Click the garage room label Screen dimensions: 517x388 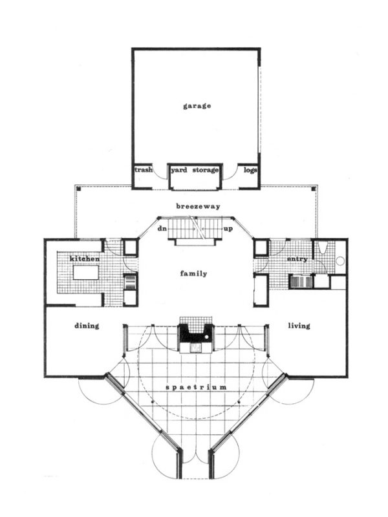point(197,105)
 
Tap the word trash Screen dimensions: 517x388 point(143,170)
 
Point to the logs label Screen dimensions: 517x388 point(250,170)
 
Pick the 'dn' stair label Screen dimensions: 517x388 point(163,229)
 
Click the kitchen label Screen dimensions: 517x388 point(85,258)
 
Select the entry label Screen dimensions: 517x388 point(297,258)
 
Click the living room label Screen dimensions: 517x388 point(299,326)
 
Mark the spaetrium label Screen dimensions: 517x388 point(196,386)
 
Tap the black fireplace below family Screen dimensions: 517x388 point(195,333)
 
